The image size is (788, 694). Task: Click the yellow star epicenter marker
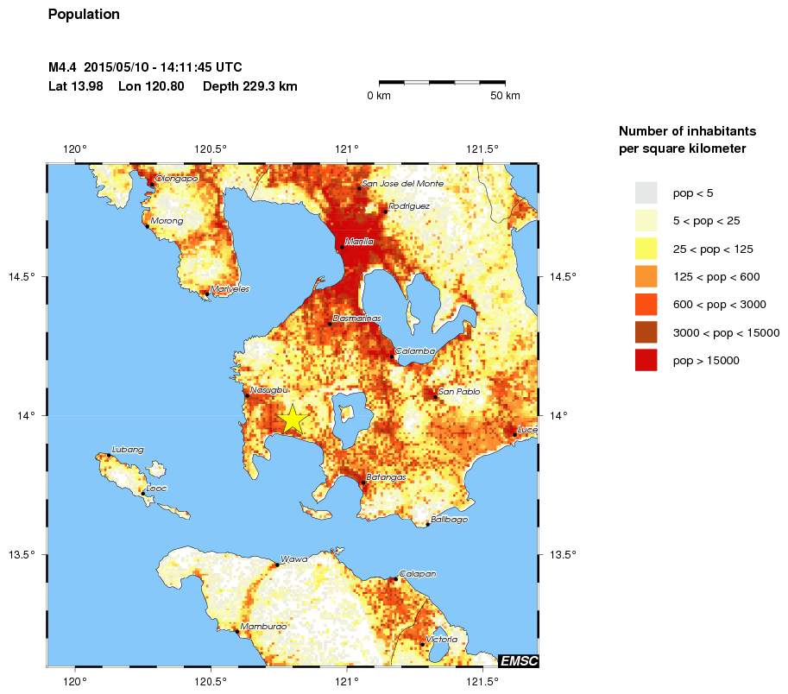[293, 419]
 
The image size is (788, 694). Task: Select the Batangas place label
[386, 476]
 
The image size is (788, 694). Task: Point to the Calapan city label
[417, 573]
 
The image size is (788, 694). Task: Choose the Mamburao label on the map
[263, 627]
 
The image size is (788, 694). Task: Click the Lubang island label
[128, 450]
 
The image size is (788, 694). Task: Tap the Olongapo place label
[176, 179]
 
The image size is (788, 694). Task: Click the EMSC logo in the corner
[519, 661]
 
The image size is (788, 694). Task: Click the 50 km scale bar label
[505, 96]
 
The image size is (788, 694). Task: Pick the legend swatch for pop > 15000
[646, 360]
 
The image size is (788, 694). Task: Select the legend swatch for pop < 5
[646, 192]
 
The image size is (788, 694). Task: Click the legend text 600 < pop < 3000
[719, 305]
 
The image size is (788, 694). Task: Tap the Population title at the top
[84, 15]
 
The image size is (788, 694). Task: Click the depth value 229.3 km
[250, 86]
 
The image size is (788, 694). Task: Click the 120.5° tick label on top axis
[211, 149]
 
